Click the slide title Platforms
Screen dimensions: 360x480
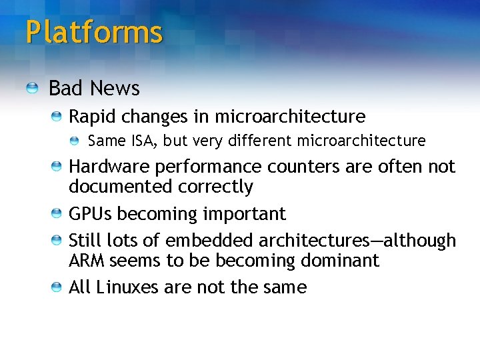(94, 32)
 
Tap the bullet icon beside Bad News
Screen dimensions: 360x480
(33, 88)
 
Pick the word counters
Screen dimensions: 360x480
(305, 167)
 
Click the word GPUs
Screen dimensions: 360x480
(90, 214)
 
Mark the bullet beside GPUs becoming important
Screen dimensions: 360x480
(58, 214)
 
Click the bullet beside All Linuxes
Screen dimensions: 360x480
(58, 287)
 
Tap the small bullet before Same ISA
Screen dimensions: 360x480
(77, 141)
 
